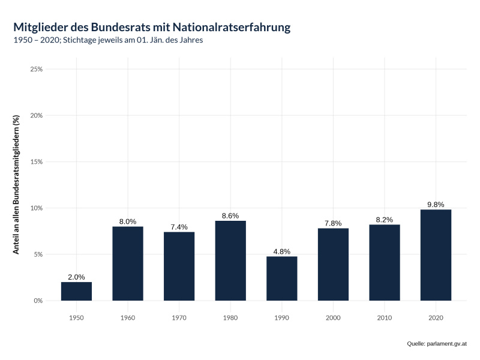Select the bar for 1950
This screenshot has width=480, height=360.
[x=76, y=292]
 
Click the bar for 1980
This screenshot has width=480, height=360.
[x=230, y=261]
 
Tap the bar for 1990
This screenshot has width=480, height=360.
[x=282, y=278]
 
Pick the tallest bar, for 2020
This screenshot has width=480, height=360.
[x=436, y=255]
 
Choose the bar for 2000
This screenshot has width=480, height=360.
[x=333, y=265]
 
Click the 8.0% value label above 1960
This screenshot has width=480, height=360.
[x=128, y=221]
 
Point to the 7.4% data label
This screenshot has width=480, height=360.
[x=179, y=227]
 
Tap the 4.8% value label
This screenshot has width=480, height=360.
[x=282, y=251]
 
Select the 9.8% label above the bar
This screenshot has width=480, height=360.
[x=436, y=205]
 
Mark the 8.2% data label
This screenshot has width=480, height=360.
[x=385, y=220]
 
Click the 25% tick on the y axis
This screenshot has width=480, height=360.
[x=36, y=69]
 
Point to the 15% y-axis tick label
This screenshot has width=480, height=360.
[x=36, y=162]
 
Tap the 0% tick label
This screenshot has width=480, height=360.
[x=38, y=301]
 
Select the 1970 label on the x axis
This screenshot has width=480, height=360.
[x=179, y=317]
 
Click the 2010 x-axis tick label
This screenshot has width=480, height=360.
[x=385, y=317]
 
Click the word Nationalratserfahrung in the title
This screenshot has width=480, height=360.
[x=233, y=27]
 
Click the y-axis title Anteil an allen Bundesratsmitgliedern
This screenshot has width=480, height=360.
[x=17, y=184]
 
